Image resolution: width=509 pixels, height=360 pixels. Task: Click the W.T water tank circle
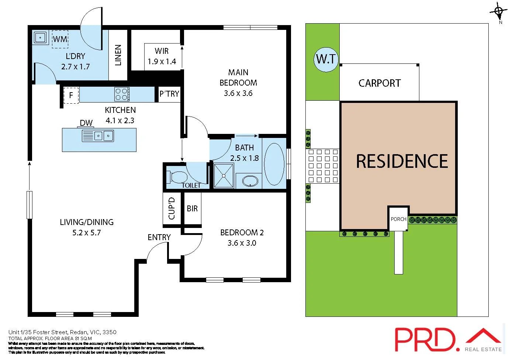pos(326,59)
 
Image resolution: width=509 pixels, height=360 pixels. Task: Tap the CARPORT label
pos(379,83)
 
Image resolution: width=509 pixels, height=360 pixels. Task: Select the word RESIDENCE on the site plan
pos(402,162)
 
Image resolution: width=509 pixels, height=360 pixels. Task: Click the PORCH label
pos(398,219)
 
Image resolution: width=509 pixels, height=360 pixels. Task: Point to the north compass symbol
pos(499,12)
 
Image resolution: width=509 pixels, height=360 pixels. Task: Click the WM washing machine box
pos(60,39)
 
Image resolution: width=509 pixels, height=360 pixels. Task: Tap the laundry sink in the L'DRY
pos(40,37)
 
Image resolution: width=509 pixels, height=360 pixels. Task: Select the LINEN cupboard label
pos(118,55)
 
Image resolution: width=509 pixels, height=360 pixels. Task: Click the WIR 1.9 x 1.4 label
pos(162,56)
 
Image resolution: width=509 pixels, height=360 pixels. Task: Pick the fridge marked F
pos(71,96)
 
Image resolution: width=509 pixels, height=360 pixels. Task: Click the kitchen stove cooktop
pos(122,94)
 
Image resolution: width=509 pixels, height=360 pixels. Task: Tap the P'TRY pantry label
pos(169,94)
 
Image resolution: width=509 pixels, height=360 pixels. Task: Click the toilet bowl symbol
pos(177,177)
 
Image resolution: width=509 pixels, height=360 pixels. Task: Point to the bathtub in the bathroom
pos(274,164)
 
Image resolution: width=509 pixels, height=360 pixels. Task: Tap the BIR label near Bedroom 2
pos(192,209)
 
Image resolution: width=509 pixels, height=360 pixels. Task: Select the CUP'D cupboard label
pos(172,208)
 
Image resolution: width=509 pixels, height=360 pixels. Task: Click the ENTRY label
pos(159,238)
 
